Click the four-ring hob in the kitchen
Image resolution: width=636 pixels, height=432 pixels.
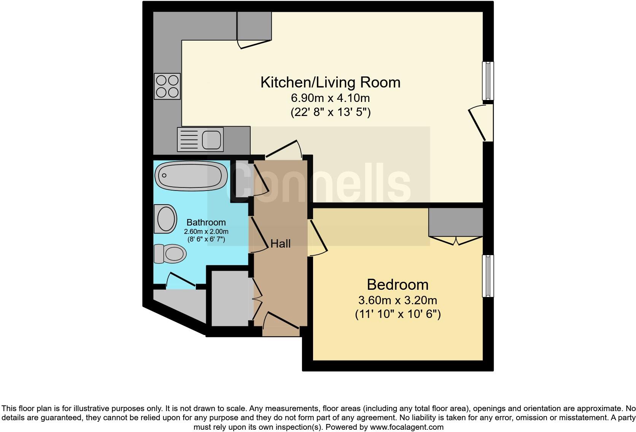tap(167, 86)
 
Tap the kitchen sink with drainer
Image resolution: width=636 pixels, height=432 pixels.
tap(200, 140)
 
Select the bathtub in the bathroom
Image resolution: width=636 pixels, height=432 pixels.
tap(191, 176)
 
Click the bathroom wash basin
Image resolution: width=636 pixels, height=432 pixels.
tap(166, 219)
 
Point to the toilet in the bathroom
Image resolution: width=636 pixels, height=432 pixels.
tap(170, 254)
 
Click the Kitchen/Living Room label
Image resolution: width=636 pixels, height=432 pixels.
tap(330, 82)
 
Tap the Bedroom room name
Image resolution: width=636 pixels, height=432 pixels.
tap(397, 284)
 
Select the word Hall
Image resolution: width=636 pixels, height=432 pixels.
tap(280, 244)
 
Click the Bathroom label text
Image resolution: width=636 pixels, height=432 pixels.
tap(206, 222)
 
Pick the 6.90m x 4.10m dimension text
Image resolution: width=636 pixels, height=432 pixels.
tap(330, 98)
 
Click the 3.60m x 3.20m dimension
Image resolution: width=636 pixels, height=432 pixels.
tap(397, 300)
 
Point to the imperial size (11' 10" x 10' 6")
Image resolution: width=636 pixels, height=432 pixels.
tap(397, 314)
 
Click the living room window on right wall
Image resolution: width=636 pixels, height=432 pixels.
tap(488, 81)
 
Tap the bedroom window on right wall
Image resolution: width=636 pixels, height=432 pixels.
tap(488, 276)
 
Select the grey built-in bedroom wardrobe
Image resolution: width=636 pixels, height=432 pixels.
tap(455, 222)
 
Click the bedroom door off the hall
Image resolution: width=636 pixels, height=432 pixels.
tap(318, 238)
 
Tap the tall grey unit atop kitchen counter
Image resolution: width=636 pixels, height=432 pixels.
tap(254, 25)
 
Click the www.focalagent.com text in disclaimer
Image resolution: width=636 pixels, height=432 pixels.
tap(406, 427)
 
